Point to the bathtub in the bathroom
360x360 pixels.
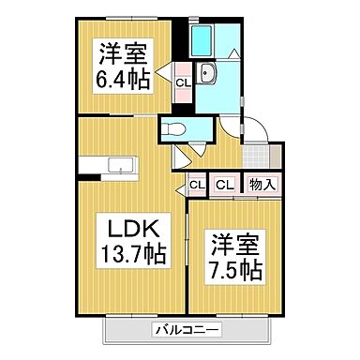coord(202,39)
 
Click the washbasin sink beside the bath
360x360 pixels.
coord(209,76)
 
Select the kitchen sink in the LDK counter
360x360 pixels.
coord(121,166)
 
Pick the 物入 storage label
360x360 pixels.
coord(262,185)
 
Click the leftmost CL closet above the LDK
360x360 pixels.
coord(197,185)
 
